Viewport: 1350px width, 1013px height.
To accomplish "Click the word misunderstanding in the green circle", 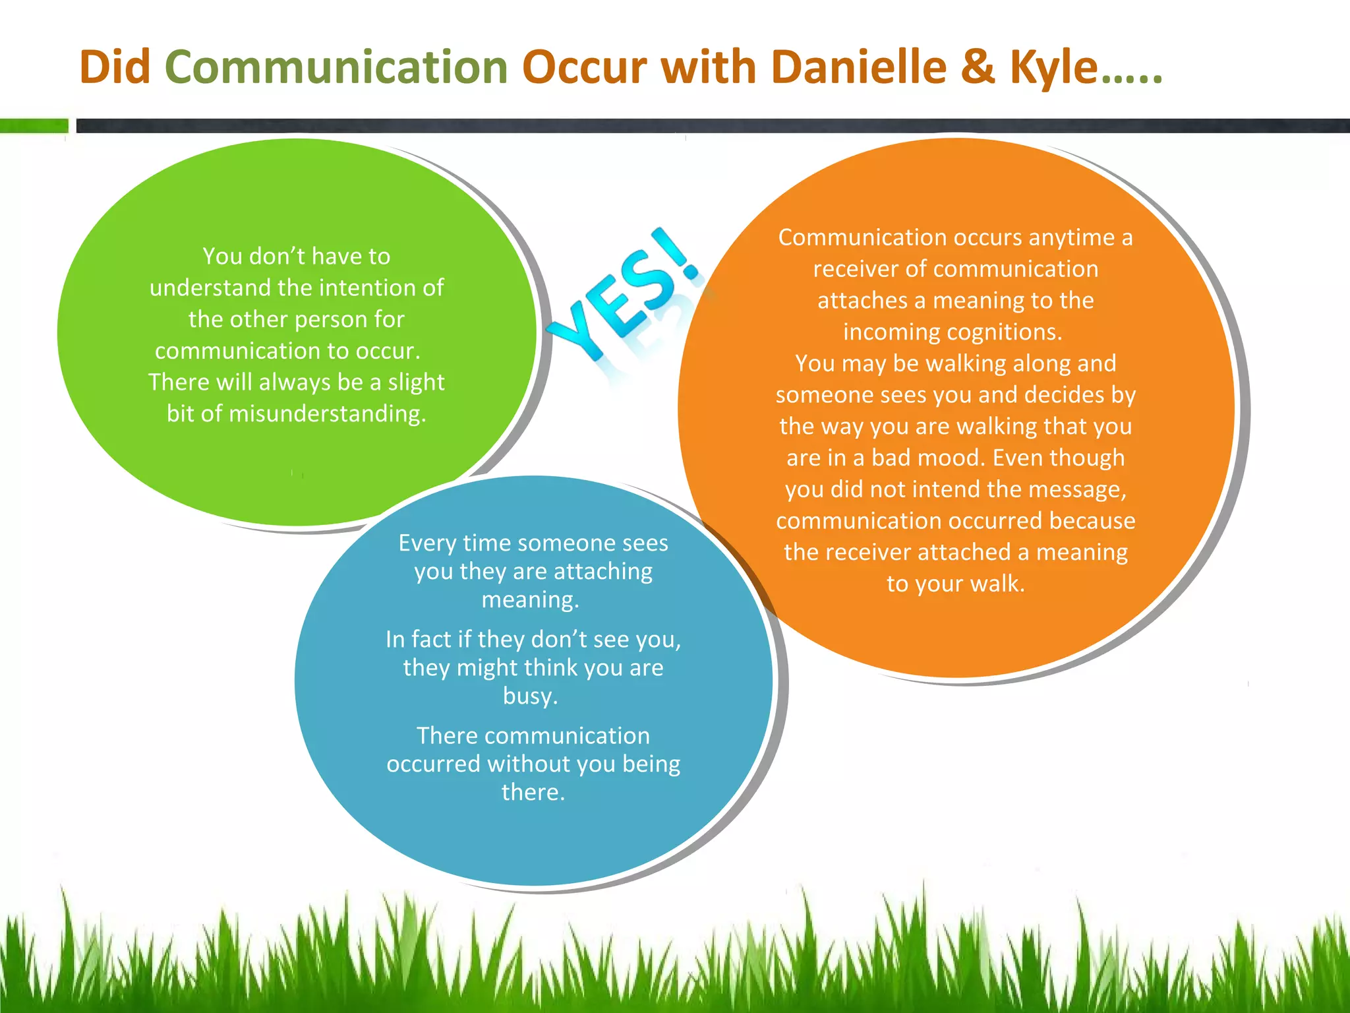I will [327, 414].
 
